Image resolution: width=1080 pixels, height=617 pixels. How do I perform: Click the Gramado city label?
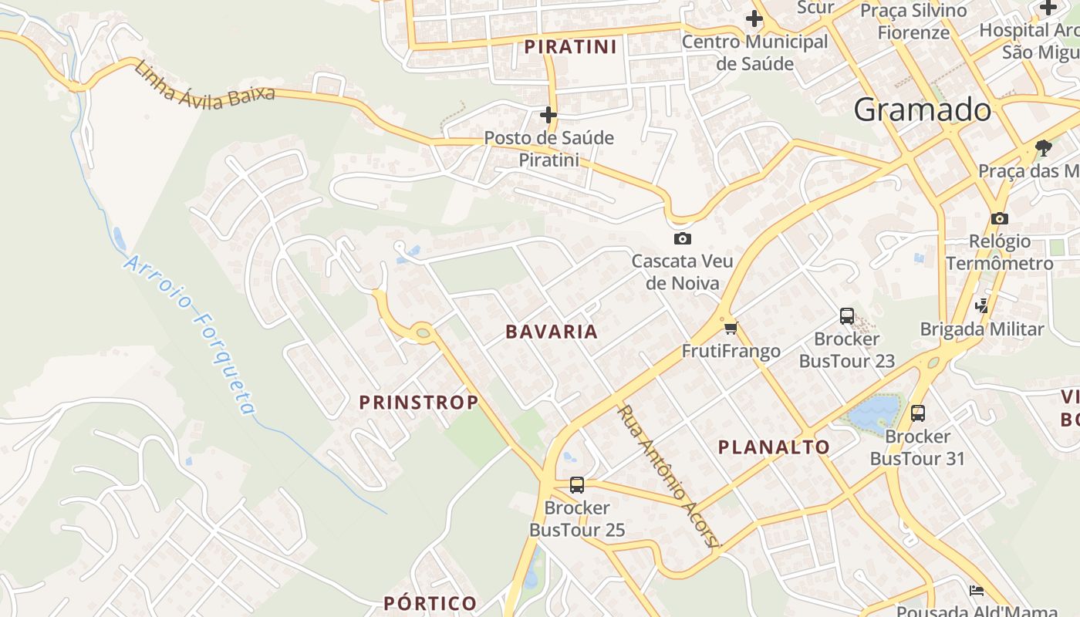[x=922, y=110]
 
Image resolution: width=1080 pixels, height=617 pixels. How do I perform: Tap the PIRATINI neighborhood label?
[x=571, y=47]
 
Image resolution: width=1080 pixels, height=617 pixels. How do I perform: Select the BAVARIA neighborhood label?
[x=552, y=332]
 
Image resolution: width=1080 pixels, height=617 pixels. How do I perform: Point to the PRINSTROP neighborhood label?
[x=419, y=402]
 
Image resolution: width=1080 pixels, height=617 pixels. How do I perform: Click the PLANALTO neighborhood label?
[x=774, y=447]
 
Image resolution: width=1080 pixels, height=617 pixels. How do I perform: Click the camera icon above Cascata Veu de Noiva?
[x=682, y=238]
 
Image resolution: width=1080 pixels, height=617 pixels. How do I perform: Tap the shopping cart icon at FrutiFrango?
[x=731, y=329]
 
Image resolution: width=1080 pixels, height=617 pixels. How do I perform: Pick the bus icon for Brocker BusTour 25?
[x=576, y=485]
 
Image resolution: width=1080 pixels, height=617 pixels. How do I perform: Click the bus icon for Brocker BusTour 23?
[x=846, y=315]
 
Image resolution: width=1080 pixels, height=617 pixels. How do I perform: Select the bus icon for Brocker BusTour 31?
[x=917, y=413]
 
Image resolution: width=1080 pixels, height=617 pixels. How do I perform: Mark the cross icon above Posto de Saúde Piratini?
[x=548, y=116]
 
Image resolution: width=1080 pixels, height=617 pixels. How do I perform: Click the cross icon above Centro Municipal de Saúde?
[x=754, y=19]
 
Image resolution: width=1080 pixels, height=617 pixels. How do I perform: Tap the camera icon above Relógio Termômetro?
[x=999, y=218]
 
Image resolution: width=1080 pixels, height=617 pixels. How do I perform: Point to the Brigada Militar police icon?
[x=981, y=306]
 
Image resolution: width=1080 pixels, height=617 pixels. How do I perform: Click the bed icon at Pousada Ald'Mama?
[x=977, y=591]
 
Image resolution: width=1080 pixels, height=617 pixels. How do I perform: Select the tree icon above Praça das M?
[x=1043, y=147]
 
